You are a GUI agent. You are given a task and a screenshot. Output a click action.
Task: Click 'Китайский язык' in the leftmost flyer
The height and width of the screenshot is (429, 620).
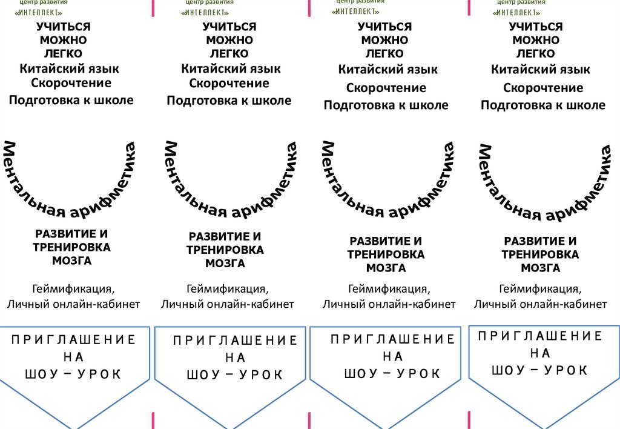[x=69, y=68]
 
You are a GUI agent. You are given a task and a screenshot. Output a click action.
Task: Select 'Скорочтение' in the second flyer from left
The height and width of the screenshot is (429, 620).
[x=229, y=84]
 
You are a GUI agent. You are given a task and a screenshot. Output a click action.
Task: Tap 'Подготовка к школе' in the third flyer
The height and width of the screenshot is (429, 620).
[x=386, y=105]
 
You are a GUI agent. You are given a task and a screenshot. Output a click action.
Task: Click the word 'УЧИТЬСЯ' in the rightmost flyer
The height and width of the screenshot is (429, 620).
[x=535, y=27]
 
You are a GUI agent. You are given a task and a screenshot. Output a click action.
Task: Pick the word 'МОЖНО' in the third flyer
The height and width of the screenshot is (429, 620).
[x=384, y=41]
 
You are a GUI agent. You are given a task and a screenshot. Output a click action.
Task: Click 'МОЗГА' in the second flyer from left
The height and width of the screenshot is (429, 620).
[x=225, y=264]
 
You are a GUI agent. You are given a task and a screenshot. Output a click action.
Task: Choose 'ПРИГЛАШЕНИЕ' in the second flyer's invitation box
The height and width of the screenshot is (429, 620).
[x=235, y=341]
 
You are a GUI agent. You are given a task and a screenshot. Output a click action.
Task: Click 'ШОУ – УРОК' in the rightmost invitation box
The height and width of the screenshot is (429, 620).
[x=539, y=370]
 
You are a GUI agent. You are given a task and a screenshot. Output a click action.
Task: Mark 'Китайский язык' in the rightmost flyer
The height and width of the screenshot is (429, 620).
[x=540, y=70]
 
